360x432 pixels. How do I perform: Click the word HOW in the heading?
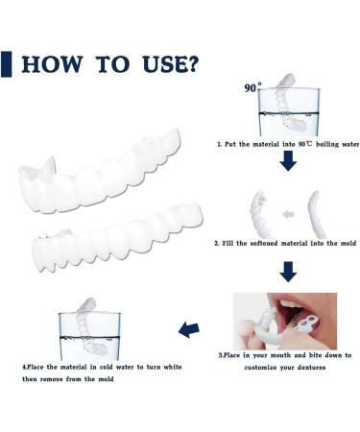[x=52, y=64]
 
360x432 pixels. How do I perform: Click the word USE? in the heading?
[x=170, y=64]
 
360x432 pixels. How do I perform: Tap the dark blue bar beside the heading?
[x=6, y=64]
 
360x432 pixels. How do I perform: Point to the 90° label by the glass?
[x=252, y=87]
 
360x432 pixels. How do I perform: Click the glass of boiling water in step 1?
[x=289, y=112]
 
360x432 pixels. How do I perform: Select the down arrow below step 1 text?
[x=288, y=160]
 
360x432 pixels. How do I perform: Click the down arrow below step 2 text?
[x=288, y=272]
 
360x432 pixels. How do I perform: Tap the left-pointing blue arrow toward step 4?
[x=189, y=330]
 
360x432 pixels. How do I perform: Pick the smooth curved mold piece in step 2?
[x=314, y=214]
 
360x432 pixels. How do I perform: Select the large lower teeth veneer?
[x=117, y=237]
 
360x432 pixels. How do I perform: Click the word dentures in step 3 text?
[x=311, y=368]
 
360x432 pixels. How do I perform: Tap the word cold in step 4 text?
[x=106, y=367]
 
